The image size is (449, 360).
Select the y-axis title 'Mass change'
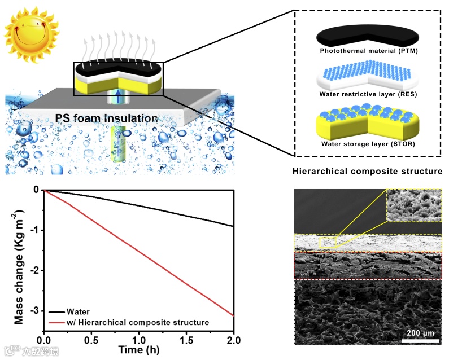(19, 260)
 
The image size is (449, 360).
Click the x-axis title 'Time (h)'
(139, 350)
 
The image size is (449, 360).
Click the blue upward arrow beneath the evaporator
(119, 96)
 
